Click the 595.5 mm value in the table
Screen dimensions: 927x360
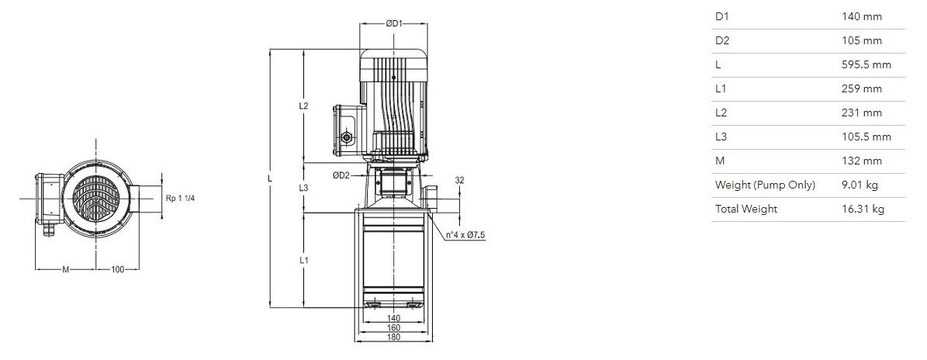(866, 64)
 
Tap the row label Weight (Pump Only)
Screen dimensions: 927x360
(765, 185)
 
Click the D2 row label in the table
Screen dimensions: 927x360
(722, 41)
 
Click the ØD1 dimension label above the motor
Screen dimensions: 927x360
(394, 23)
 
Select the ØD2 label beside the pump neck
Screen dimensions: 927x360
(341, 175)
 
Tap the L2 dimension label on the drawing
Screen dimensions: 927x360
(303, 106)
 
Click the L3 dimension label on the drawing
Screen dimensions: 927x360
(303, 188)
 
